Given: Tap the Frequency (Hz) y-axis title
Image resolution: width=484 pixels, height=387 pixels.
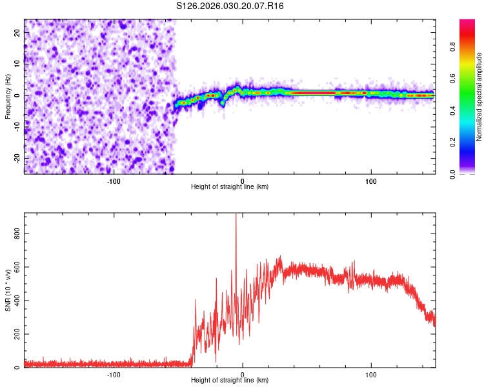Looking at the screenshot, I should pyautogui.click(x=8, y=96).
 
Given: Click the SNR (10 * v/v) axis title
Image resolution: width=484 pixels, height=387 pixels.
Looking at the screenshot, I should pyautogui.click(x=8, y=290).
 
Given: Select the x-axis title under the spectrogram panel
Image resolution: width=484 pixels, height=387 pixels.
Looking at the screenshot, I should pyautogui.click(x=230, y=186).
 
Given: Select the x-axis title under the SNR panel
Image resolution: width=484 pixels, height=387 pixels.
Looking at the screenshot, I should pyautogui.click(x=230, y=380).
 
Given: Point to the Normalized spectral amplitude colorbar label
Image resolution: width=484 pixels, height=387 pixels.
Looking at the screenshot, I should pyautogui.click(x=479, y=97).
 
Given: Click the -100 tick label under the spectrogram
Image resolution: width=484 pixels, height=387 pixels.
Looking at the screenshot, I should pyautogui.click(x=114, y=181).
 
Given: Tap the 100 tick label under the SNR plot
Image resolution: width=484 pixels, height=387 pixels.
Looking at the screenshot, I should pyautogui.click(x=371, y=374).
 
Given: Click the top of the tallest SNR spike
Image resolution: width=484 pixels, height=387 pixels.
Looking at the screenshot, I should pyautogui.click(x=236, y=215).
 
